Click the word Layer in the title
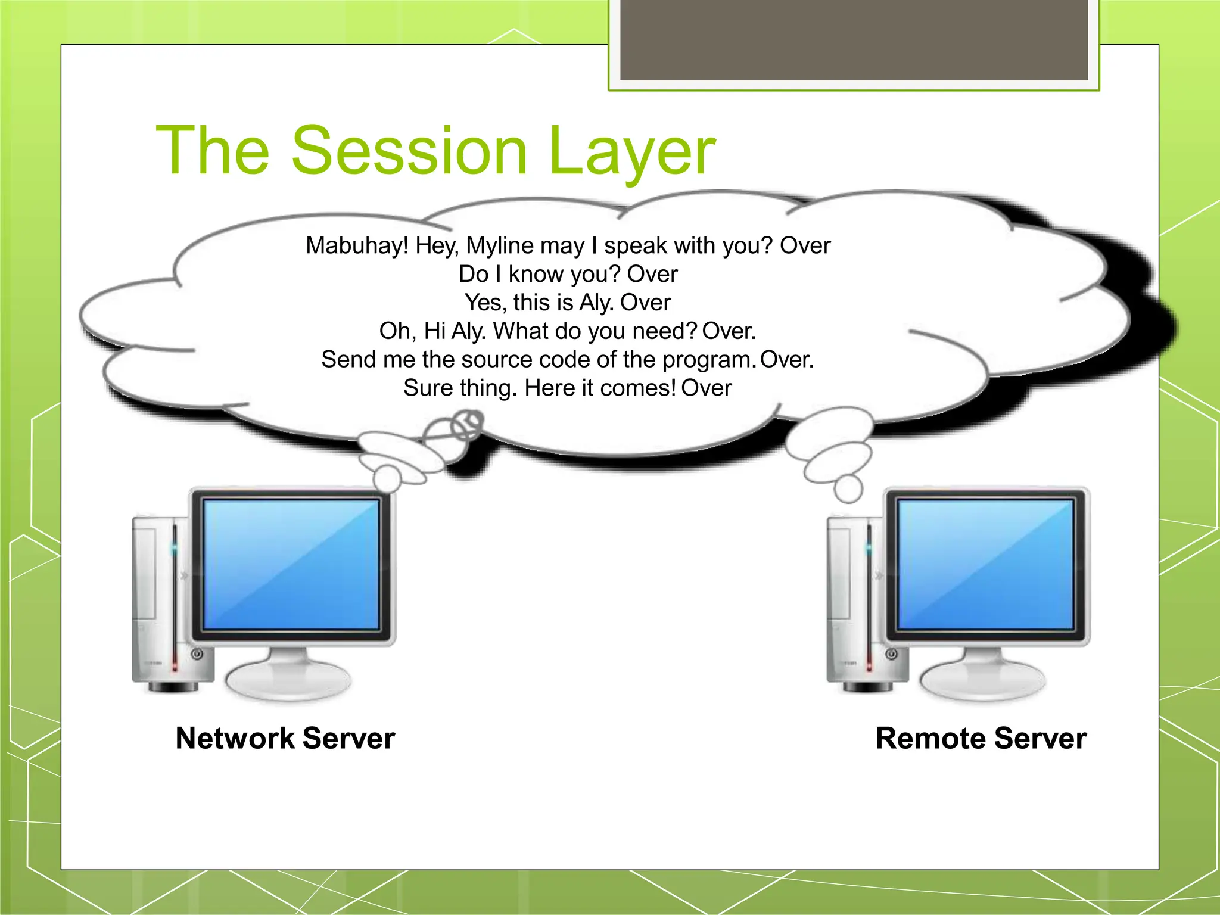(x=631, y=152)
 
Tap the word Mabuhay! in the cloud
(x=357, y=245)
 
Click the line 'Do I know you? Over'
(x=568, y=274)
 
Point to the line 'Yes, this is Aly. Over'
(x=568, y=303)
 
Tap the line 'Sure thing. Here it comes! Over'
(x=568, y=388)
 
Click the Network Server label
(x=285, y=738)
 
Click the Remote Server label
(x=981, y=738)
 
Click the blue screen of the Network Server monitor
(x=291, y=564)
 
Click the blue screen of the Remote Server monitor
(x=985, y=564)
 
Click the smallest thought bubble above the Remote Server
(x=848, y=488)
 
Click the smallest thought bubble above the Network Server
(x=387, y=477)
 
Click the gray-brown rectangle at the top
(x=854, y=39)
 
